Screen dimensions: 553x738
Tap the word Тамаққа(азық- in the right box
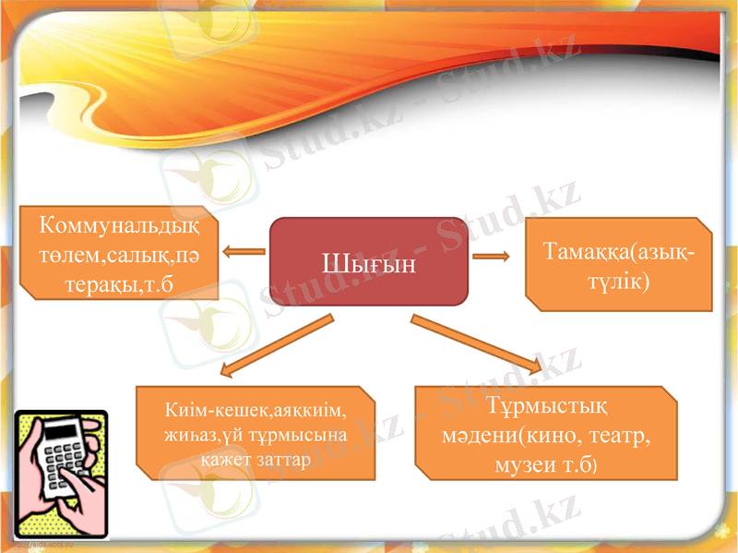click(x=621, y=252)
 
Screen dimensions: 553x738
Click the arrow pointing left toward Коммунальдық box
click(x=244, y=250)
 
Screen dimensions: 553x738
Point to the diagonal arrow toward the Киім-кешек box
click(x=276, y=347)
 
